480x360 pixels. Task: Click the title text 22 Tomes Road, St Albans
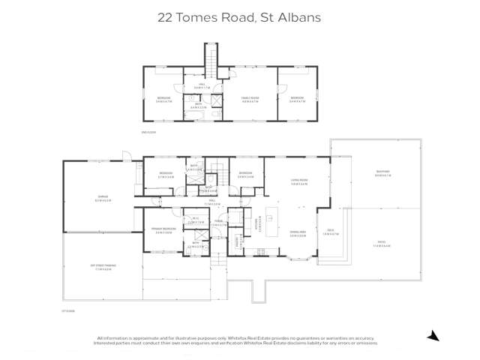tap(239, 16)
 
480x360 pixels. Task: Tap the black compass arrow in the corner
tap(433, 336)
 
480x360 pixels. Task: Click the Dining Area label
tap(298, 233)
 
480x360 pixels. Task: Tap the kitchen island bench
tap(282, 219)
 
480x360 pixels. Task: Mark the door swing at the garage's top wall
tap(127, 157)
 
